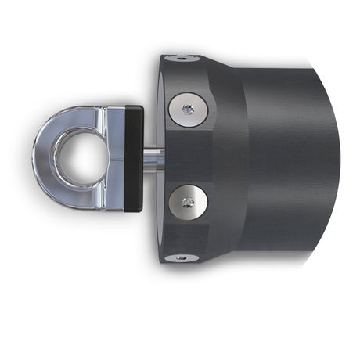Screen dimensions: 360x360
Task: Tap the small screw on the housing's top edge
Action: tap(181, 58)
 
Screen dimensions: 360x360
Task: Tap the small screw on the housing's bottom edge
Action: tap(181, 256)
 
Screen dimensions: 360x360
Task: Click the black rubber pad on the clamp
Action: tap(133, 159)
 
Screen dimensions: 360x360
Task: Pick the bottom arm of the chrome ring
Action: tap(78, 199)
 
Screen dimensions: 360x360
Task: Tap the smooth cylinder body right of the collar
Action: tap(297, 157)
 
